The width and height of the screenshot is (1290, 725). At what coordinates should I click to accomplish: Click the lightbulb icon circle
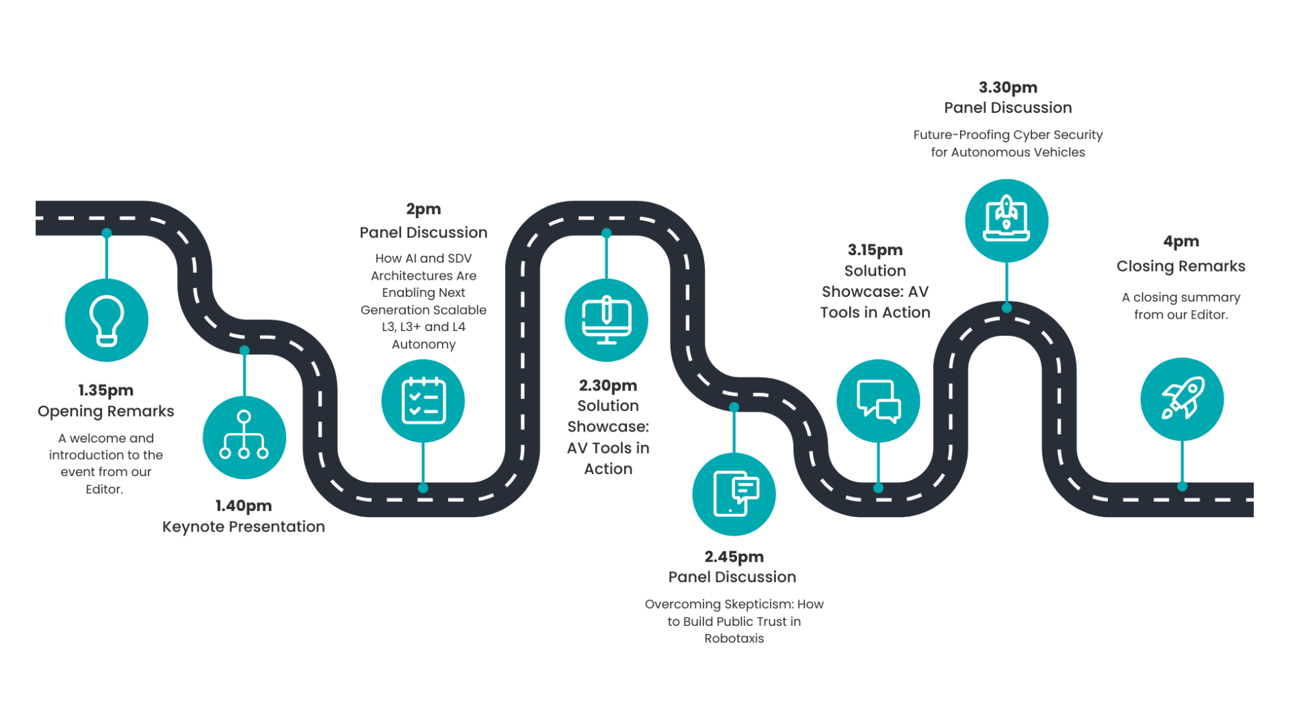coord(107,320)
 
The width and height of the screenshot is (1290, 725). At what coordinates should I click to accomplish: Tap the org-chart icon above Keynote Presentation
coord(244,437)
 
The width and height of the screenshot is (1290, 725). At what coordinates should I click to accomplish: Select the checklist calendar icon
coord(423,401)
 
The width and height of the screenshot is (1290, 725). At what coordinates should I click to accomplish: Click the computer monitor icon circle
coord(606,319)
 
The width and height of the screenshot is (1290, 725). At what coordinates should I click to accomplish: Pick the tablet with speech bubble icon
coord(734,494)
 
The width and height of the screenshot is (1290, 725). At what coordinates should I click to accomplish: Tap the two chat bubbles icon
coord(878,401)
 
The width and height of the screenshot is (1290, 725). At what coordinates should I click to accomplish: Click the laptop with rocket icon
coord(1006,220)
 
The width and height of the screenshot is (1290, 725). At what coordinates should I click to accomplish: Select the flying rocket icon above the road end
coord(1182,399)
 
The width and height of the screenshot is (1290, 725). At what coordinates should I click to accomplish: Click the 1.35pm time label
coord(105,391)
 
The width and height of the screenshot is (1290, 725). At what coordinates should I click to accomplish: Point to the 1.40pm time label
coord(244,506)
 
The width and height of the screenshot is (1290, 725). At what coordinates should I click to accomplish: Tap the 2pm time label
coord(424,209)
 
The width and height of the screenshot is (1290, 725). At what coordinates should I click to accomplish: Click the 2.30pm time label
coord(608,386)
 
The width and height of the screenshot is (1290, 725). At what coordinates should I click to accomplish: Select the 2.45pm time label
coord(734,557)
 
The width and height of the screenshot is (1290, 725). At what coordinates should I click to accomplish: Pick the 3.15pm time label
coord(875,250)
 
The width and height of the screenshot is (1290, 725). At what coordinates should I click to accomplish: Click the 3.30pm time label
coord(1007,88)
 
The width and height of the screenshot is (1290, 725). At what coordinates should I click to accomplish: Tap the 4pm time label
coord(1181,241)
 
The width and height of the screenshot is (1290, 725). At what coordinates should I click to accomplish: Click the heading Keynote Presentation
coord(244,527)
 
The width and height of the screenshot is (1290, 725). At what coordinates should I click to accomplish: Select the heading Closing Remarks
coord(1181,266)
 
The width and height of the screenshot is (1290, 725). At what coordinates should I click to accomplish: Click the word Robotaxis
coord(734,638)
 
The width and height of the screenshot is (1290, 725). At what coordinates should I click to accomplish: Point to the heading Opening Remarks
coord(106,411)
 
